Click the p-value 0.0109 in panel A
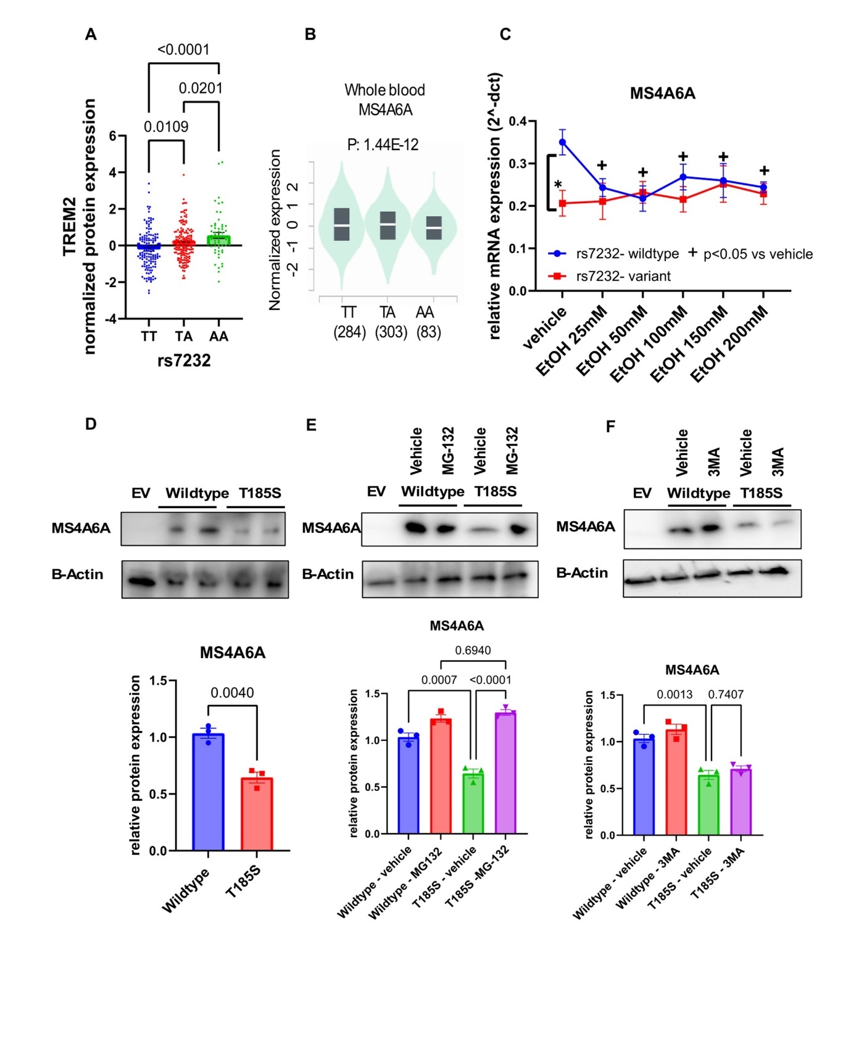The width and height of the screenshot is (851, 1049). [166, 127]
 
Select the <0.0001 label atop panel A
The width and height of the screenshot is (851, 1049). [183, 49]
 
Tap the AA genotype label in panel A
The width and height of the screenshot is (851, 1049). [218, 336]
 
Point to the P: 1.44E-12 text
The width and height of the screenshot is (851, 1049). [383, 144]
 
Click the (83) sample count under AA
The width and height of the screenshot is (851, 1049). [428, 332]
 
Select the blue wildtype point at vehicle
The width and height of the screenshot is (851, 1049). [562, 142]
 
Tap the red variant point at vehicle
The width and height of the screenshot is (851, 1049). [562, 203]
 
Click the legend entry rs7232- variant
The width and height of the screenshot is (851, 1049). [623, 276]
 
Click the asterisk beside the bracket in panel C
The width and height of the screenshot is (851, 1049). [558, 185]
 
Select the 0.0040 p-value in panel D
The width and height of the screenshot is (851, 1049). [232, 693]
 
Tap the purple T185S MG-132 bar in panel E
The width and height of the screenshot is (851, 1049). [505, 772]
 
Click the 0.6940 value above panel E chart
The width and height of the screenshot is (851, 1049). [473, 650]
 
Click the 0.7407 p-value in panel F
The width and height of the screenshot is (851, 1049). [726, 695]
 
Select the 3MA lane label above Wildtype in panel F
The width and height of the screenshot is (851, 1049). [714, 462]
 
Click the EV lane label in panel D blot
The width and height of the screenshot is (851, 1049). [141, 493]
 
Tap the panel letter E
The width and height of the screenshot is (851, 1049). [311, 425]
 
